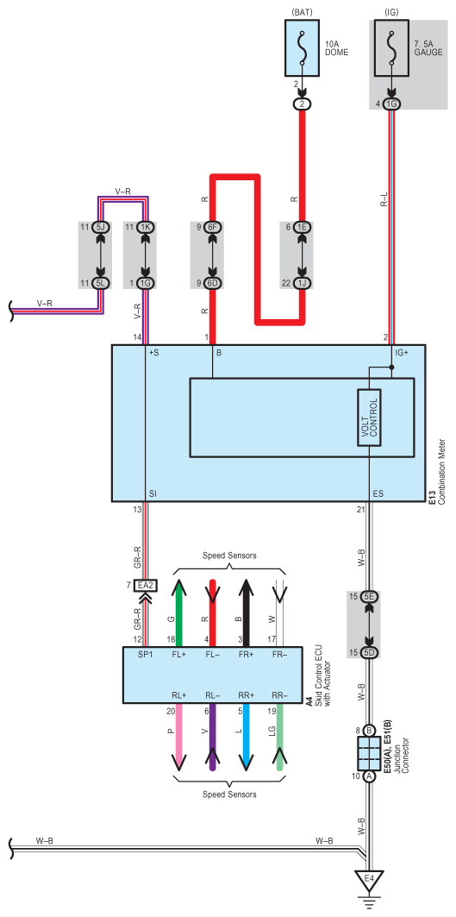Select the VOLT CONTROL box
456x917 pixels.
click(x=370, y=418)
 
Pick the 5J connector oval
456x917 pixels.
click(x=100, y=227)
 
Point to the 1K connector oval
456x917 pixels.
click(x=144, y=227)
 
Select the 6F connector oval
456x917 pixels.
click(x=213, y=227)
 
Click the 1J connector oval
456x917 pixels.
click(x=303, y=283)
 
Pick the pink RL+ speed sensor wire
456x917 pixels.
click(x=180, y=737)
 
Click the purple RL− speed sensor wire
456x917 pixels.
click(x=213, y=737)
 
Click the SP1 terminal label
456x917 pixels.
click(x=146, y=655)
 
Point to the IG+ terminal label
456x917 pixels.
click(x=403, y=353)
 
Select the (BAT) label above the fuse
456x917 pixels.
click(x=303, y=11)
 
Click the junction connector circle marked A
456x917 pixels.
click(x=370, y=776)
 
